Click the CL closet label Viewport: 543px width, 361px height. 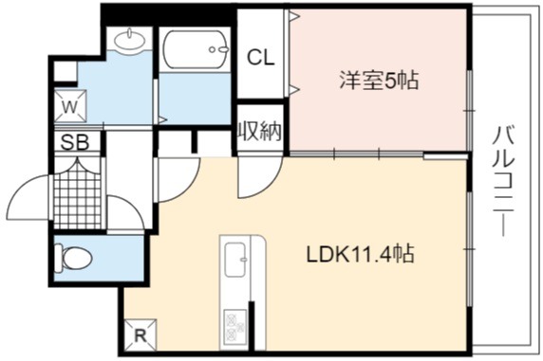(x=260, y=58)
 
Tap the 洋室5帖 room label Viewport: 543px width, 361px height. (x=379, y=81)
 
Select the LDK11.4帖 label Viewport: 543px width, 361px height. (x=360, y=255)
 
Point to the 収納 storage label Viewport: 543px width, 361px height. (x=260, y=131)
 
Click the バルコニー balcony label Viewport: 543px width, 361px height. (x=503, y=182)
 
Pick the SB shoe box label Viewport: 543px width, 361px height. (x=75, y=142)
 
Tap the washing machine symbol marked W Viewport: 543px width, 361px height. (x=70, y=106)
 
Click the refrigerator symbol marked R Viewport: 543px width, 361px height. (x=140, y=335)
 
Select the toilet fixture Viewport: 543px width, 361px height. (x=73, y=259)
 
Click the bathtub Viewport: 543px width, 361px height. (x=196, y=49)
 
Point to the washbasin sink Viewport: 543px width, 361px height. (x=129, y=42)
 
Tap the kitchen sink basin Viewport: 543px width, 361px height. (x=235, y=260)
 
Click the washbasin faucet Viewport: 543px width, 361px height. (x=129, y=33)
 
